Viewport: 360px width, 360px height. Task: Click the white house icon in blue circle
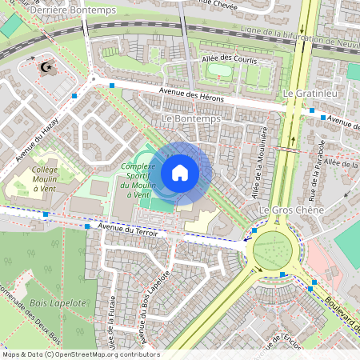click(180, 173)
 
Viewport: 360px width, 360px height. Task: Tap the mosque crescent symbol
click(49, 67)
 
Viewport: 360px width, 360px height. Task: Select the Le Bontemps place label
click(190, 118)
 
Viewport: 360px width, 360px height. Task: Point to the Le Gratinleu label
click(307, 94)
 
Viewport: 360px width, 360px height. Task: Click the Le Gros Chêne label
click(291, 210)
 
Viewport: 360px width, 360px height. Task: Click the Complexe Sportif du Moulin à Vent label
click(135, 181)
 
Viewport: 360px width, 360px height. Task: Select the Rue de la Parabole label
click(314, 171)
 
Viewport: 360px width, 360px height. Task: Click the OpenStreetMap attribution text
click(80, 354)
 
